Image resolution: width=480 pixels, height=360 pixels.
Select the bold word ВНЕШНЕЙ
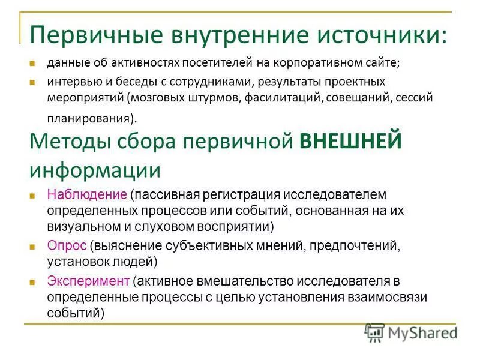(350, 143)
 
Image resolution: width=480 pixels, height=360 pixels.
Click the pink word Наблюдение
(86, 196)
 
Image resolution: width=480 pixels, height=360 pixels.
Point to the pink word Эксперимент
(88, 281)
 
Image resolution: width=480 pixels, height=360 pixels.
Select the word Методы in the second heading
(66, 143)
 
